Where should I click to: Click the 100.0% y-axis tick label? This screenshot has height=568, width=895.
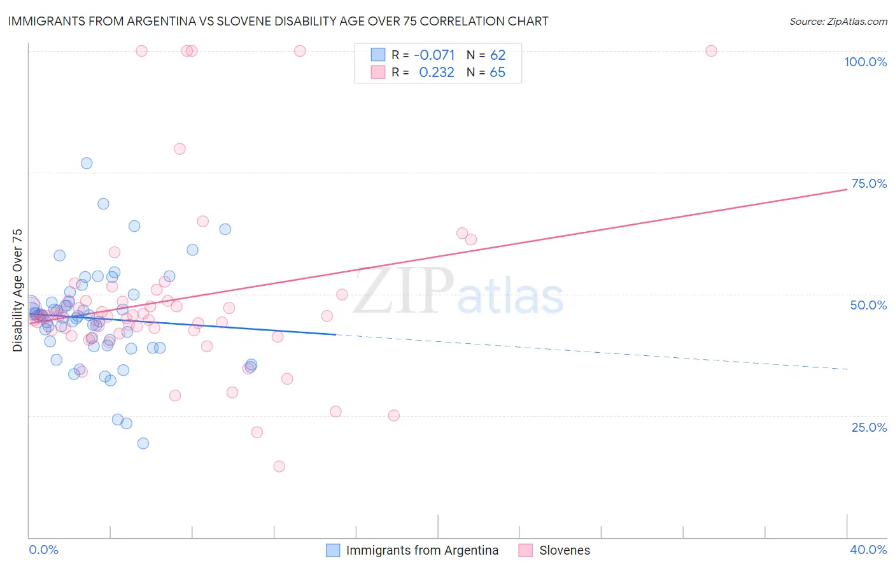click(x=865, y=62)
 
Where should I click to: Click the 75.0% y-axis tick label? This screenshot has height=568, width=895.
click(x=869, y=183)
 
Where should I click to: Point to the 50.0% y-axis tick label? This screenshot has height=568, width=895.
click(x=868, y=305)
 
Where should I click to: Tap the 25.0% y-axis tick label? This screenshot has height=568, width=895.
click(x=869, y=427)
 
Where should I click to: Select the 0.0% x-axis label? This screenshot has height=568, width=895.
click(x=43, y=550)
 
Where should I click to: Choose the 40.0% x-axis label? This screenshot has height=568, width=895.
click(x=868, y=550)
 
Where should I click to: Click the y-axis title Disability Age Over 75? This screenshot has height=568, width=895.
click(x=17, y=290)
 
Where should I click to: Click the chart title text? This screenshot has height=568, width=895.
click(x=278, y=21)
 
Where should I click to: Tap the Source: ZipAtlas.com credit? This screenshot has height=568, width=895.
click(x=838, y=21)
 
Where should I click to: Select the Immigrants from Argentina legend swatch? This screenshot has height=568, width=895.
click(x=333, y=550)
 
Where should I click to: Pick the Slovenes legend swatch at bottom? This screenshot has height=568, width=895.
click(x=525, y=550)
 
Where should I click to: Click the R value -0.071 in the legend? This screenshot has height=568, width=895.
click(x=434, y=55)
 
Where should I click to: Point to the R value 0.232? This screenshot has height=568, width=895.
click(x=437, y=72)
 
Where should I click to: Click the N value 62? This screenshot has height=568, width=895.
click(x=497, y=55)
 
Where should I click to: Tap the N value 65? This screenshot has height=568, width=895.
click(x=497, y=72)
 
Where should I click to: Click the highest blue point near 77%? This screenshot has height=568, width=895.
click(x=87, y=163)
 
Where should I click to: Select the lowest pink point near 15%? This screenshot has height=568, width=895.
click(x=279, y=466)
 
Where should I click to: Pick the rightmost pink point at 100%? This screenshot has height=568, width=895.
click(x=711, y=51)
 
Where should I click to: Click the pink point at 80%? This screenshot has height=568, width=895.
click(x=180, y=149)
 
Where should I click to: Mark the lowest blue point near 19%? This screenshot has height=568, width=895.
click(x=143, y=443)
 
